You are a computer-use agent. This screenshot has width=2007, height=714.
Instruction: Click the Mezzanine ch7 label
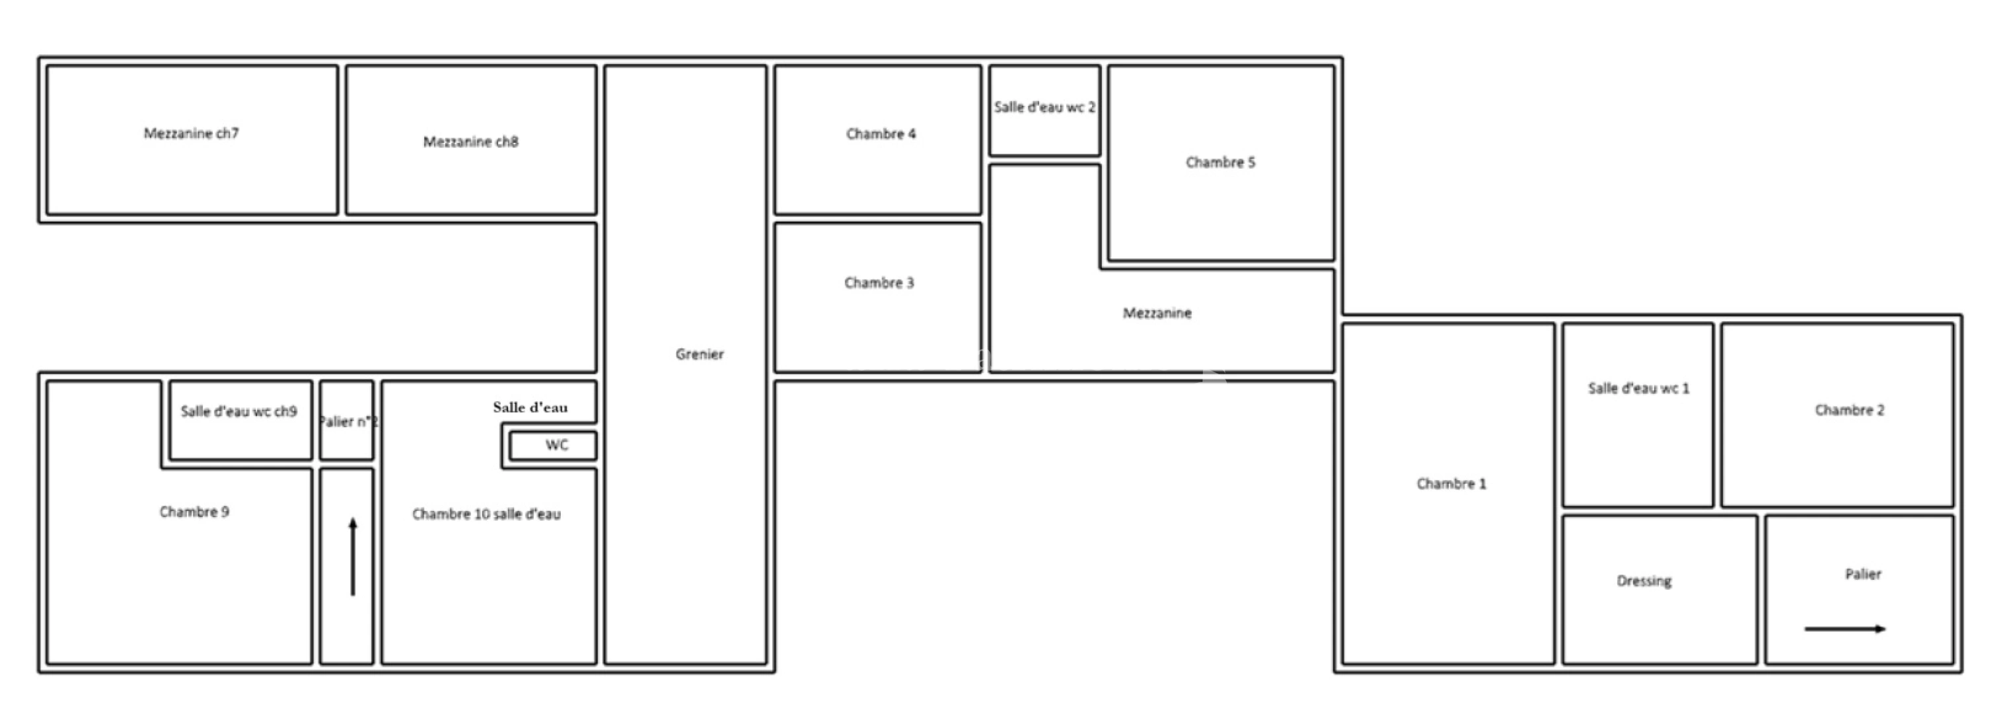[x=191, y=134]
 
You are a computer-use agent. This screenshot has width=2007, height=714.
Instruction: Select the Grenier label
[x=700, y=354]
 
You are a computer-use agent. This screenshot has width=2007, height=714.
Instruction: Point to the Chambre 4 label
[x=881, y=134]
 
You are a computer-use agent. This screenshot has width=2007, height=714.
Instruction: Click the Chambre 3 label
[x=879, y=283]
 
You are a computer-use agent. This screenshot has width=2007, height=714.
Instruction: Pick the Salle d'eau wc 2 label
[x=1045, y=108]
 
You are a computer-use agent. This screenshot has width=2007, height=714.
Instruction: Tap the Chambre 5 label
[x=1221, y=162]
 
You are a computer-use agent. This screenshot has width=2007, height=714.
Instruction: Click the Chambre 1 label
[x=1451, y=483]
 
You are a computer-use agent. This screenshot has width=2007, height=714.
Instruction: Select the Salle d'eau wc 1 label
[x=1639, y=388]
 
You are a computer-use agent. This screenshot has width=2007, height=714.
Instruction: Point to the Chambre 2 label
[x=1850, y=410]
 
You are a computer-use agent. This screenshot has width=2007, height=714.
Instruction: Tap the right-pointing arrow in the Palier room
[x=1845, y=629]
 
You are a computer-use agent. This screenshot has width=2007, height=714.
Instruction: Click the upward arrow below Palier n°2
[x=353, y=557]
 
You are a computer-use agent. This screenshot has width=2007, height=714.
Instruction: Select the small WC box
[x=553, y=446]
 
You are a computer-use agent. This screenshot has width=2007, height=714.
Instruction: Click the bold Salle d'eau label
[x=530, y=407]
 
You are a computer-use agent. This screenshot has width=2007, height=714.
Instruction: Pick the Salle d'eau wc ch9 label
[x=239, y=412]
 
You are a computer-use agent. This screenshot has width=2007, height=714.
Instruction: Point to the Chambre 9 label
[x=194, y=511]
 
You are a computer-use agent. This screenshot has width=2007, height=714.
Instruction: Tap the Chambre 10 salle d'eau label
[x=486, y=514]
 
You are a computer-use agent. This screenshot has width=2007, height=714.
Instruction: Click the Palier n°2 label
[x=348, y=422]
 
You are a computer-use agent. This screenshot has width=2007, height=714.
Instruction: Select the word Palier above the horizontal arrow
[x=1863, y=574]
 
